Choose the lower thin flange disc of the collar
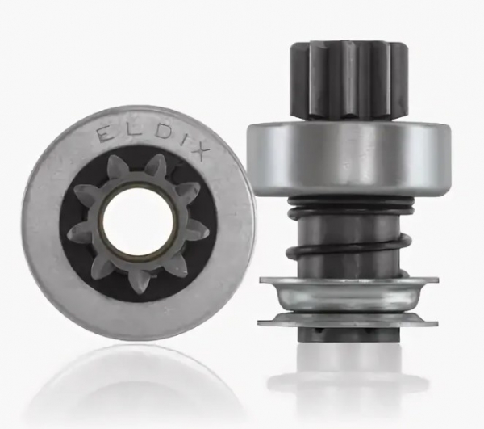point(348,320)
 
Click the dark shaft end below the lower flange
point(348,334)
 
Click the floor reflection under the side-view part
point(348,380)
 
